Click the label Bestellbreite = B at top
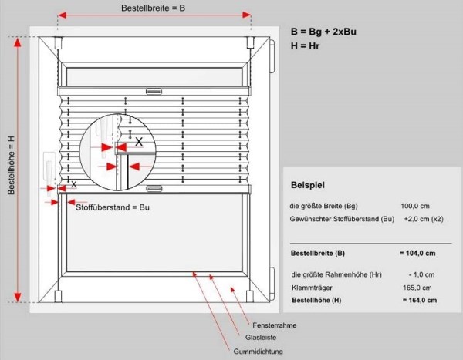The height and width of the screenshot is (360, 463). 153,8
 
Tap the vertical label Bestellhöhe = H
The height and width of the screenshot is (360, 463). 12,165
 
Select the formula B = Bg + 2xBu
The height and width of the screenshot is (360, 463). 323,32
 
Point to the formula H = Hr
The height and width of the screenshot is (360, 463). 306,45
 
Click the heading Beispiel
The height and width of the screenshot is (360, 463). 308,185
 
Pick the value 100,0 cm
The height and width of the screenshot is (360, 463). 415,206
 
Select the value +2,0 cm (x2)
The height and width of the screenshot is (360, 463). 424,219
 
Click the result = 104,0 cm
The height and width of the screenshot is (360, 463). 417,253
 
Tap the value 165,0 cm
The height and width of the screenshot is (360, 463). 417,288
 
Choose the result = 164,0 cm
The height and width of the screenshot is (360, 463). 420,300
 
